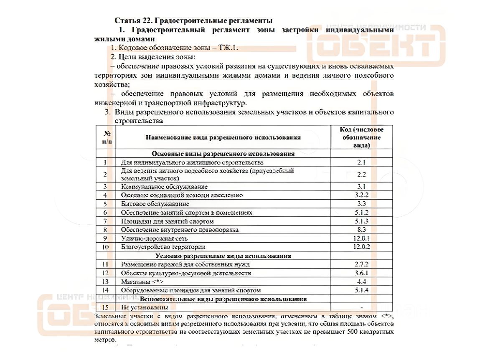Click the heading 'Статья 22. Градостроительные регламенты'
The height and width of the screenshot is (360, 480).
coord(193,20)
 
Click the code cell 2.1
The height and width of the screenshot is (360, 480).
coord(361,162)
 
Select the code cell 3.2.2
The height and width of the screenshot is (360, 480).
coord(361,195)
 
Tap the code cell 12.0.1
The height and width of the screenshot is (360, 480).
coord(361,238)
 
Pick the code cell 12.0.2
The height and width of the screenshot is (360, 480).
coord(361,247)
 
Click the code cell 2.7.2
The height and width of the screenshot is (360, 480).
coord(361,264)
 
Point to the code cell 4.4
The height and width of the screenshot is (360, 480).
coord(361,282)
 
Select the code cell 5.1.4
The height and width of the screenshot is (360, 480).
coord(361,290)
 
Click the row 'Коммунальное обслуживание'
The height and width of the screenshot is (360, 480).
coord(164,187)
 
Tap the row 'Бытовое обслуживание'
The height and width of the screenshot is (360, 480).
coord(155,204)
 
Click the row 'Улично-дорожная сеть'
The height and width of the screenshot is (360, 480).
coord(154,238)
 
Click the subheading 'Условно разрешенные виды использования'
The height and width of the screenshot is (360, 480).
coord(223,256)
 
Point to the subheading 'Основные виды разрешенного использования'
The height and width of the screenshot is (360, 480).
coord(223,153)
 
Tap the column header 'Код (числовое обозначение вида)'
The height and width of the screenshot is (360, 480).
coord(361,137)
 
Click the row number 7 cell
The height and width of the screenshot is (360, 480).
coord(105,221)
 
